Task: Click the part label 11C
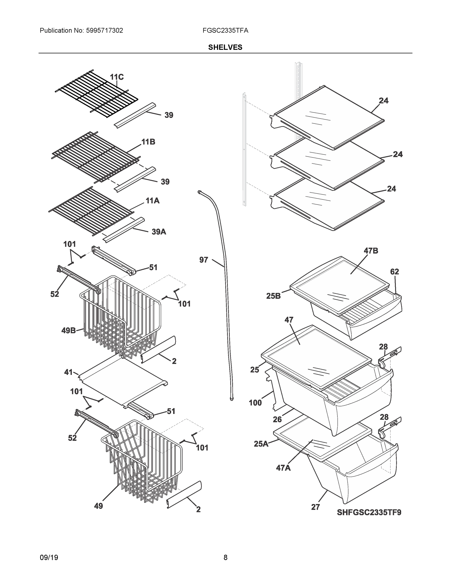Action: [x=117, y=77]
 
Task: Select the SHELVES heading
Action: [x=225, y=47]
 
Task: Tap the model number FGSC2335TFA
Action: [x=225, y=30]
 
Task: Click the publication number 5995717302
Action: [x=104, y=30]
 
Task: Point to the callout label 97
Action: [x=203, y=260]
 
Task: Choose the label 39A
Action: [x=159, y=232]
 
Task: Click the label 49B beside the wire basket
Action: [x=68, y=330]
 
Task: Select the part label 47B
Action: [x=371, y=251]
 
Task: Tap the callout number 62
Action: [x=394, y=272]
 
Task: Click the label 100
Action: [x=255, y=403]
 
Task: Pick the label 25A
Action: [x=261, y=444]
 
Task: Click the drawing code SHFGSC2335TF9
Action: [x=369, y=512]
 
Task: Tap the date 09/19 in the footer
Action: [x=49, y=557]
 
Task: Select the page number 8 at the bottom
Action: [x=225, y=557]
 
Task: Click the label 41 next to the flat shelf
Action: [x=68, y=372]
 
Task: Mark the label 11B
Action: [x=148, y=142]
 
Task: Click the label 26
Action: [x=277, y=419]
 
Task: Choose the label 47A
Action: [x=283, y=468]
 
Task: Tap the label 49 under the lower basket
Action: [x=98, y=506]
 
